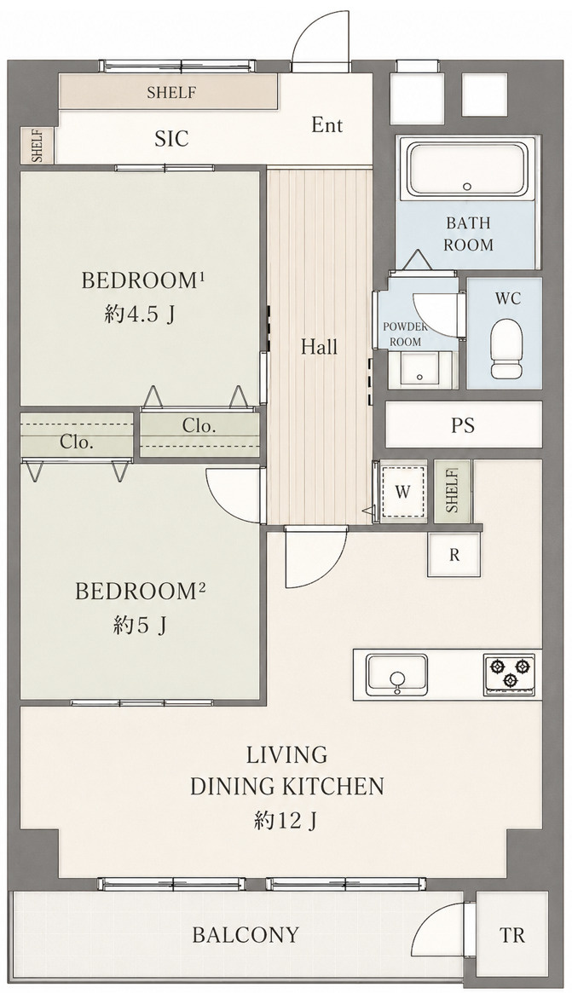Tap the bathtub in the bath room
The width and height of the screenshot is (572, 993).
468,169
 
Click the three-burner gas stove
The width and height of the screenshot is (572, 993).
509,674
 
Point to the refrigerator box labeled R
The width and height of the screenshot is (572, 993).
454,555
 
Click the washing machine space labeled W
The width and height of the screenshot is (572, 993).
402,492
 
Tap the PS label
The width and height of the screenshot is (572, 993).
463,425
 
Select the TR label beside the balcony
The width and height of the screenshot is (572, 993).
511,935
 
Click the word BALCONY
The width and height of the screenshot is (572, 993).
246,935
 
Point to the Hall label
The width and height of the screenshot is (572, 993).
320,346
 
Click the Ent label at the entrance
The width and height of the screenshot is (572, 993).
326,125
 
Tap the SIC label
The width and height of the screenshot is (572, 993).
171,139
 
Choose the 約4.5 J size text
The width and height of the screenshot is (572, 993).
139,315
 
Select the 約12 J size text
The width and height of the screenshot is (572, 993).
286,822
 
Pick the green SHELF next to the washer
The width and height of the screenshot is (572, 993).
453,491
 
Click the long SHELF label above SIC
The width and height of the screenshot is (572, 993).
171,92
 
